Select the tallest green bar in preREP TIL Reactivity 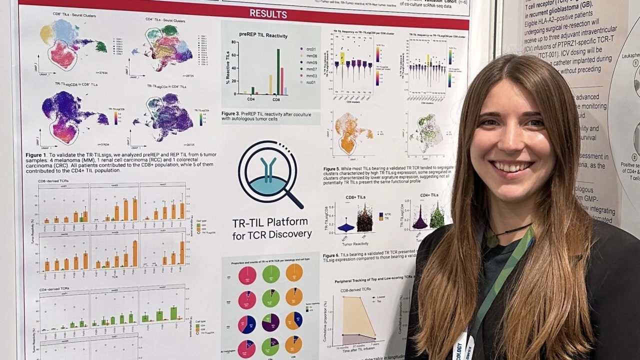[x=278, y=71]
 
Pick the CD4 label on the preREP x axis [x=251, y=99]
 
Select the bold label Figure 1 [x=36, y=155]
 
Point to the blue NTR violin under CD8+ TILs [x=346, y=227]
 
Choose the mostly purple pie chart [x=270, y=322]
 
